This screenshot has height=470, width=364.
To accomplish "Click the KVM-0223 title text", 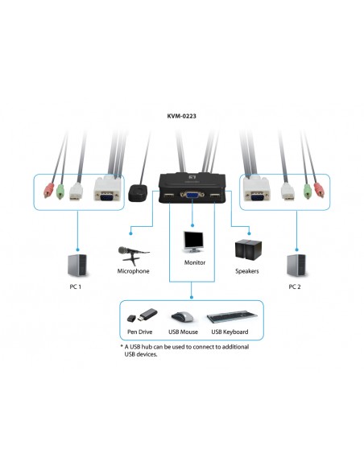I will point(181,116).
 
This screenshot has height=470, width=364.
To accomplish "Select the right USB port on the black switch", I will point(216,195).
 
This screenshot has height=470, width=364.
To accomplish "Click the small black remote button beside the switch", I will point(136,193).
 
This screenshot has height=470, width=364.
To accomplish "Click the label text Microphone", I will point(134,272).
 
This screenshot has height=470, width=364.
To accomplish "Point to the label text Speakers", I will point(247,272).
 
